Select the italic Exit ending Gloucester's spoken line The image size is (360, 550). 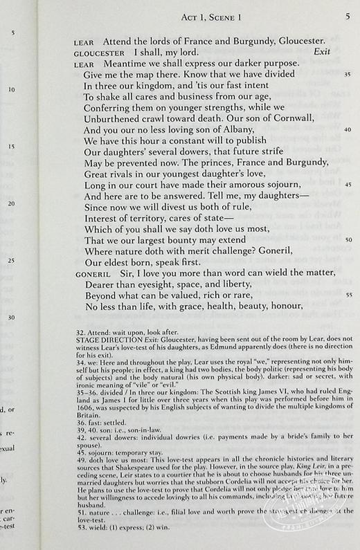[x=324, y=52]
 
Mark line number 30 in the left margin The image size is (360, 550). [x=11, y=318]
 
